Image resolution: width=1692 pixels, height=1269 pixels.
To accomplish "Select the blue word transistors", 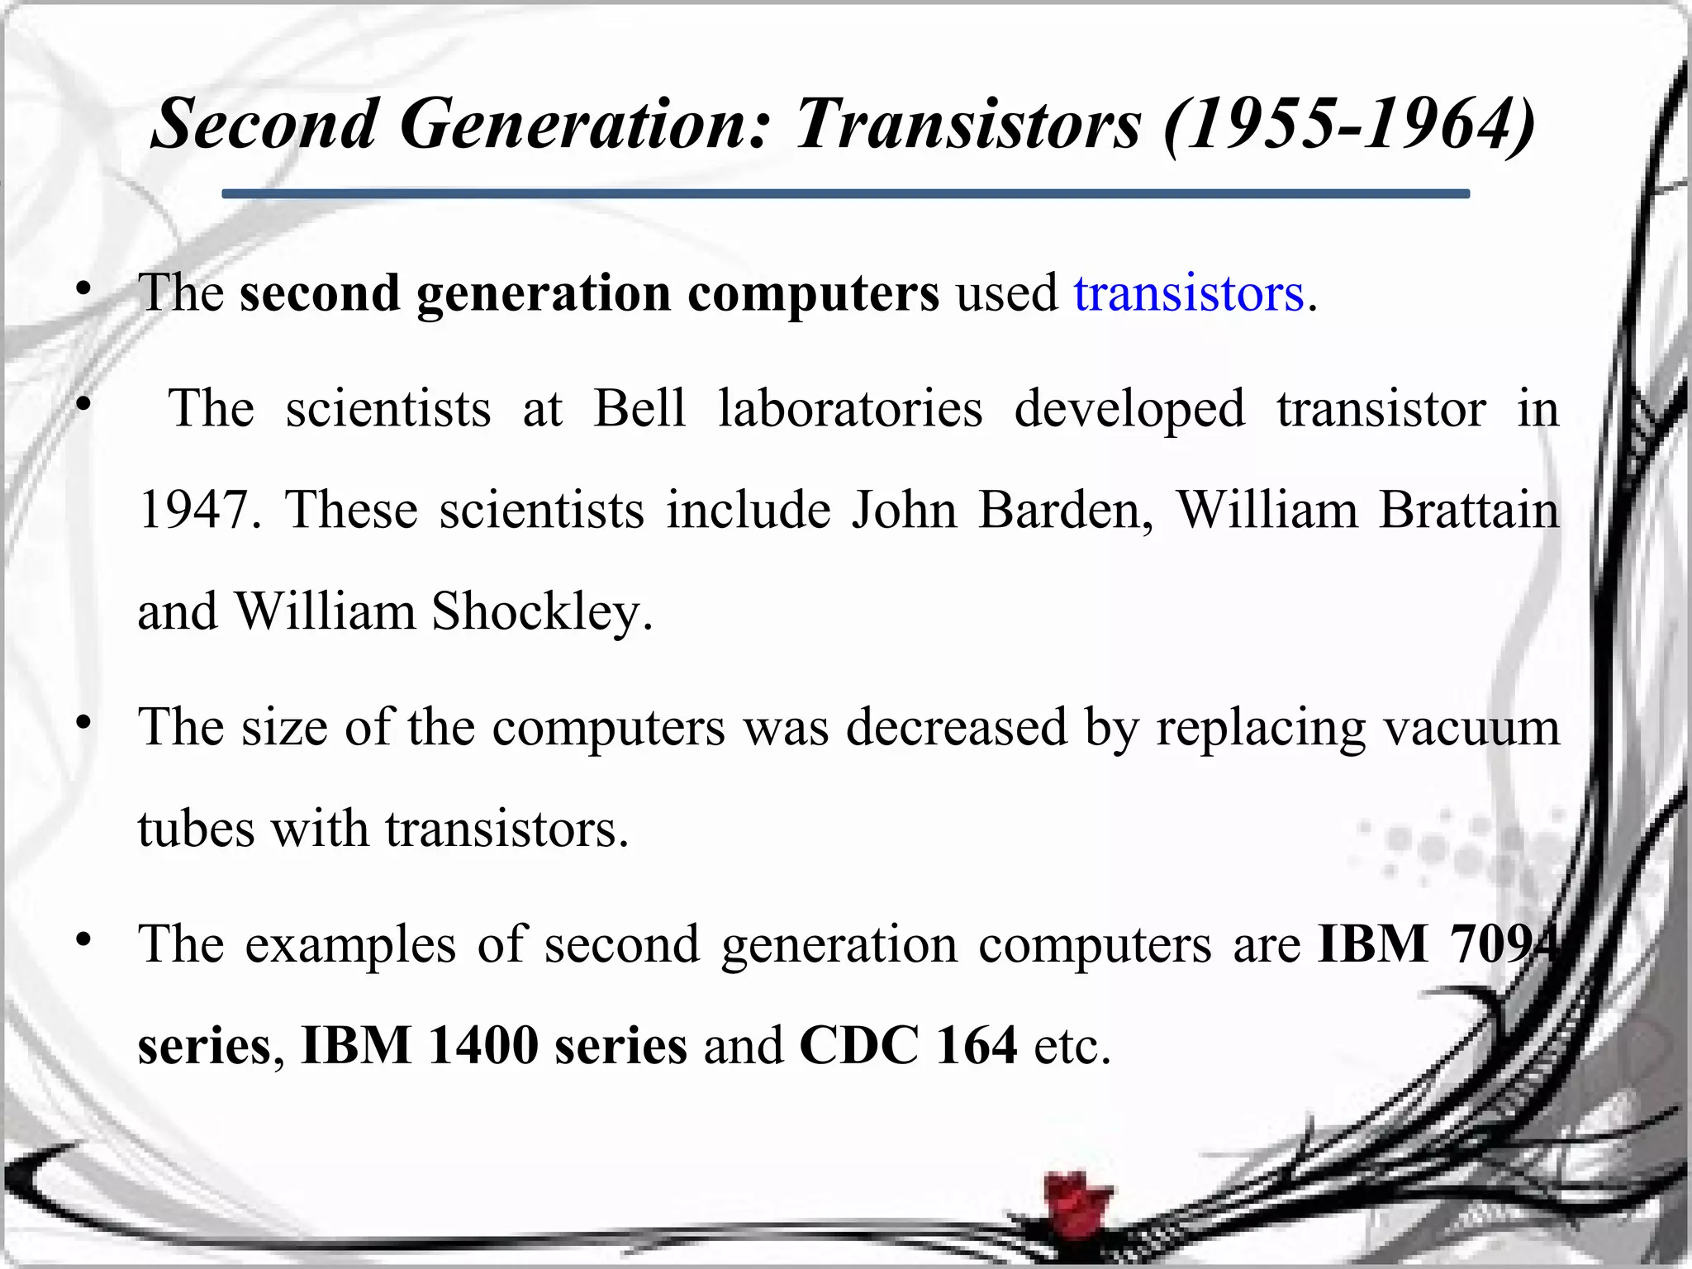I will coord(1188,293).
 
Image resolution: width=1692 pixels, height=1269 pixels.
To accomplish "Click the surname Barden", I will coord(1066,510).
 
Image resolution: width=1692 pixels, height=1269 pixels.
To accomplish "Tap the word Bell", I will coord(639,408).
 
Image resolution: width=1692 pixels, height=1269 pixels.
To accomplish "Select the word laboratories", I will coord(850,408).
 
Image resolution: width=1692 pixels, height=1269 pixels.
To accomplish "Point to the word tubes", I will coord(196,829).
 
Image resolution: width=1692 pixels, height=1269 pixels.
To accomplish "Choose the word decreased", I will coord(956,728).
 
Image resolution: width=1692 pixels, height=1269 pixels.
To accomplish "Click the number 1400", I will coord(482,1045).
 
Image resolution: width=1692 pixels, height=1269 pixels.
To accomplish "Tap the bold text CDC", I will coord(858,1045).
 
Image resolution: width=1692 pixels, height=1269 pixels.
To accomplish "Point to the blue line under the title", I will coord(845,194).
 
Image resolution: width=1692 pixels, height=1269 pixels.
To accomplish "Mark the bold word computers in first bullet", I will coord(813,293).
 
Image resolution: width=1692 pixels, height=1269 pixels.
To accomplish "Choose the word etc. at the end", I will coord(1072,1045).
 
